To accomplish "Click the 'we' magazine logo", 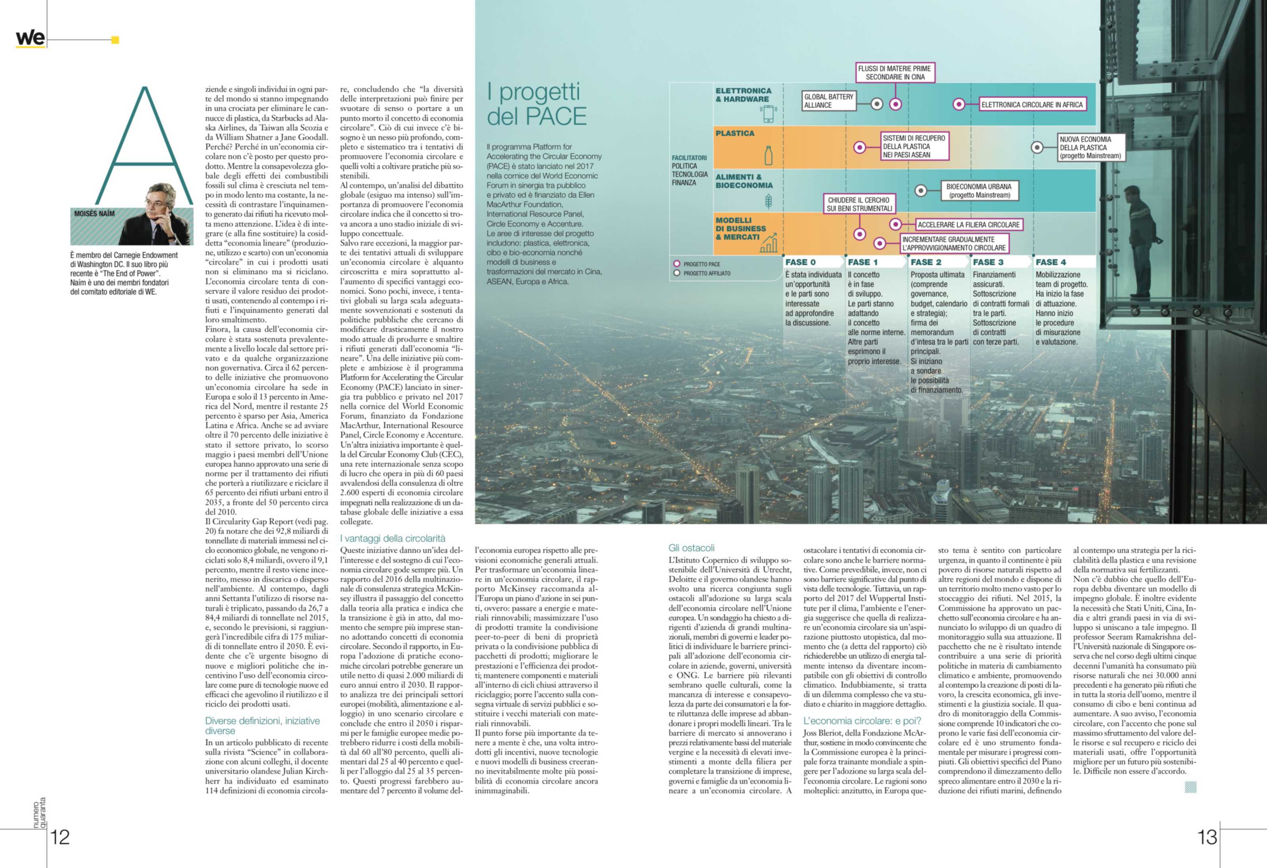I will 30,38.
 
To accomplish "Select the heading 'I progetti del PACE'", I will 537,104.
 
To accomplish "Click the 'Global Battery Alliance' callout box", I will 828,101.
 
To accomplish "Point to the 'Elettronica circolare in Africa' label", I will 1031,105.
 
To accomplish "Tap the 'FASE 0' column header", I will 800,262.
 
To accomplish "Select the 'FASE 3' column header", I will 988,262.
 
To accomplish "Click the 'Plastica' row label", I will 735,134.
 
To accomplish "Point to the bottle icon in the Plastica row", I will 768,155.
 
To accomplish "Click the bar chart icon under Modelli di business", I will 769,244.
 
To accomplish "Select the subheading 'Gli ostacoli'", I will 691,548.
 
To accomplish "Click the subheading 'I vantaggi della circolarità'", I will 393,538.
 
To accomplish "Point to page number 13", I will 1207,837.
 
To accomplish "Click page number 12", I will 60,837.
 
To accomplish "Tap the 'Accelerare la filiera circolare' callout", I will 968,225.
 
